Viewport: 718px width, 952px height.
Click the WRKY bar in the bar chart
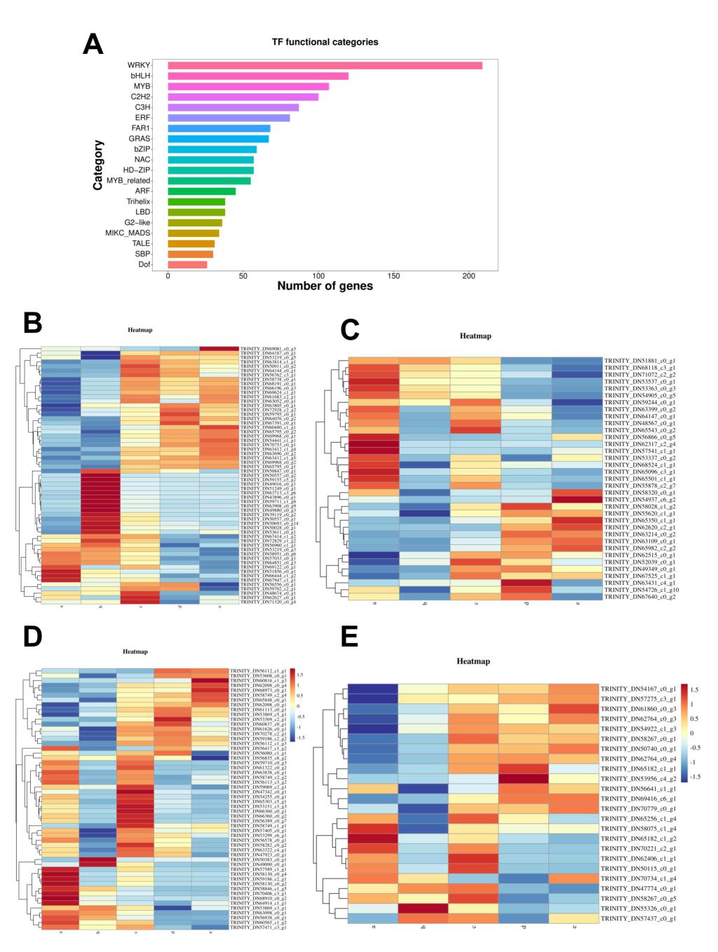click(x=325, y=65)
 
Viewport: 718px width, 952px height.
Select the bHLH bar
click(x=258, y=76)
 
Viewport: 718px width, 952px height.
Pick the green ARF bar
click(x=201, y=191)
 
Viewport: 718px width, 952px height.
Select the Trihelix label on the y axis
click(x=138, y=202)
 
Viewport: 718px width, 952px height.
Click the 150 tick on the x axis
click(x=394, y=276)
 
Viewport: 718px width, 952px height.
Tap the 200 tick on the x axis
click(x=469, y=276)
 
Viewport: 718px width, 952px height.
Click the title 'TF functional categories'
click(x=325, y=42)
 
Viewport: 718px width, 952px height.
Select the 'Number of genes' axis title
click(x=325, y=287)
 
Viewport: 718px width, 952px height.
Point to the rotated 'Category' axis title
click(x=99, y=165)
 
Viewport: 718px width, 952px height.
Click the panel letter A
click(x=93, y=44)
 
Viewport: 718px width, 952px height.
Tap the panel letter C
click(x=350, y=329)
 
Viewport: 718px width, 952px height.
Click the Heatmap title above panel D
click(x=135, y=651)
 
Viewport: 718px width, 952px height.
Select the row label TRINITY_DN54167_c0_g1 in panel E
click(x=638, y=689)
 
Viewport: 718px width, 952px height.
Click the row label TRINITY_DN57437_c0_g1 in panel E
click(x=638, y=918)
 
